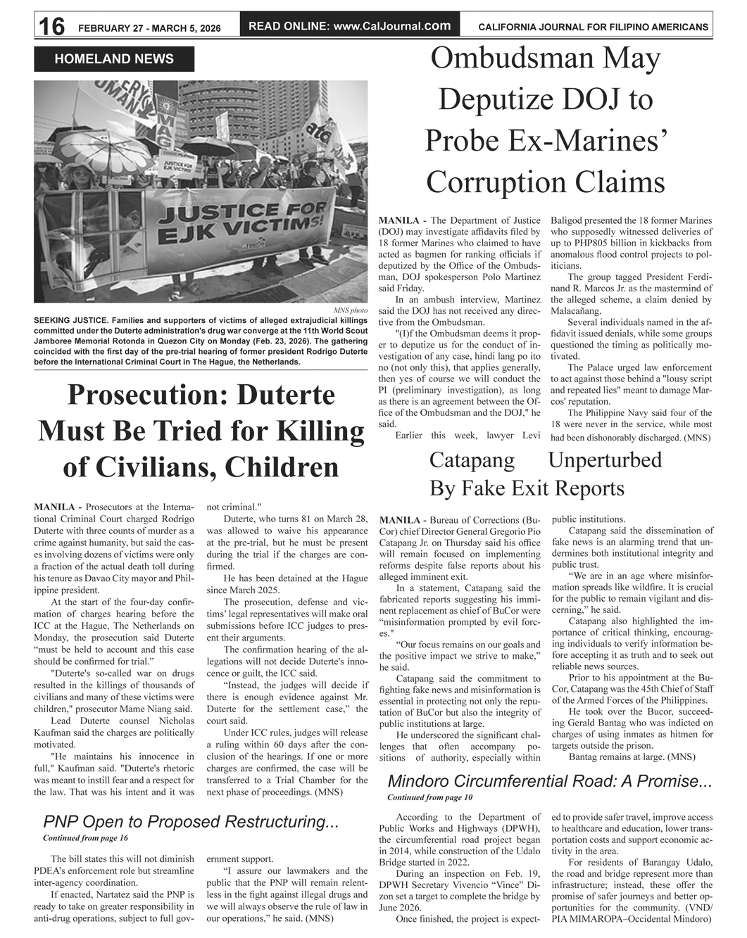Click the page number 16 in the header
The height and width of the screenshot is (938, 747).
pyautogui.click(x=51, y=26)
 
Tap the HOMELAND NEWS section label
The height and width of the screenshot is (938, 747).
pyautogui.click(x=114, y=59)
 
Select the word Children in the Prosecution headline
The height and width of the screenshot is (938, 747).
pyautogui.click(x=280, y=467)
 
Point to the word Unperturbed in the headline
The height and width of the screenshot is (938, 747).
pyautogui.click(x=605, y=460)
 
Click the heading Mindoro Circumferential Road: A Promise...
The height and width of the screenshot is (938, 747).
pyautogui.click(x=550, y=781)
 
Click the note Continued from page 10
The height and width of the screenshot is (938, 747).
pyautogui.click(x=429, y=797)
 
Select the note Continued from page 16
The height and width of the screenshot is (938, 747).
pyautogui.click(x=85, y=838)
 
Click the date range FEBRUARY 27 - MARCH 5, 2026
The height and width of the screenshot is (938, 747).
pyautogui.click(x=149, y=28)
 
